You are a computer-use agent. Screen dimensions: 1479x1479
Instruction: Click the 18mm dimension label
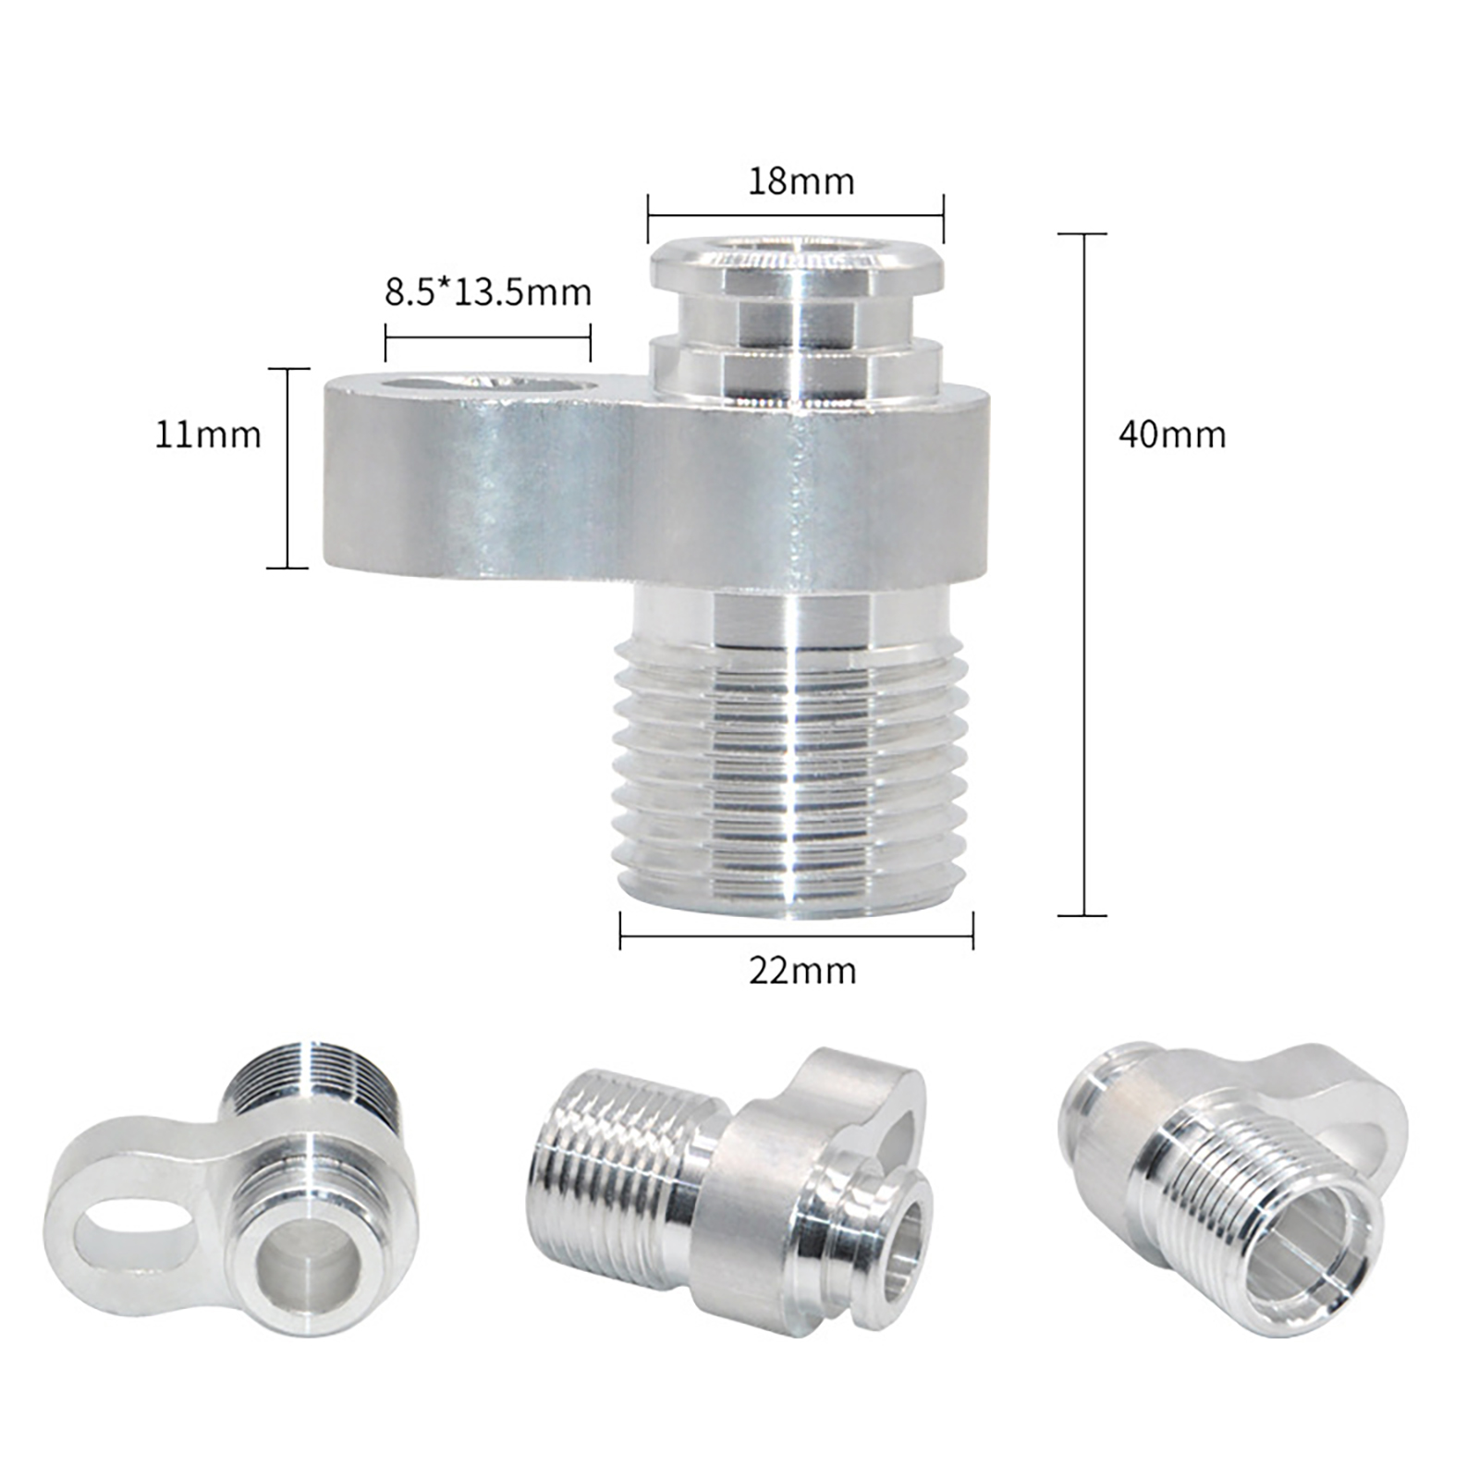801,180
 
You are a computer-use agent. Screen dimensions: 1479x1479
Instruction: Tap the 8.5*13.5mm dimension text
488,292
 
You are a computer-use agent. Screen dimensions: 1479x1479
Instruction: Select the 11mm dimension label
208,434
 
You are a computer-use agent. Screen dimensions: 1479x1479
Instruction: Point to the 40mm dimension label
1172,434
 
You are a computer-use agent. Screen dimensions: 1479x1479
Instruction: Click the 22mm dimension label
802,971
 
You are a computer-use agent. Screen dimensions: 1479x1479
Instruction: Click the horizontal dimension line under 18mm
796,217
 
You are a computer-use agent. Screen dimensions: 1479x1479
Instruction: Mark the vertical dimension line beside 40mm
1082,574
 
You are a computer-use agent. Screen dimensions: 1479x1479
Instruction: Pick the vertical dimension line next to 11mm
288,468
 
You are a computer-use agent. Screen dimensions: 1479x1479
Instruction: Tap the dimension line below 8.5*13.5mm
487,338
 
